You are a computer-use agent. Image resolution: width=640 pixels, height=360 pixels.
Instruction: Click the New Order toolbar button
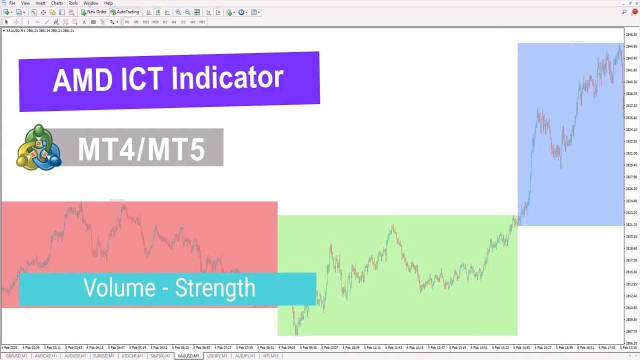click(93, 12)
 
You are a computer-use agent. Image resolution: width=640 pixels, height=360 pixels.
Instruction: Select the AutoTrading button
click(124, 12)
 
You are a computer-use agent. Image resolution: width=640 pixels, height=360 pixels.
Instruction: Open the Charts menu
click(57, 3)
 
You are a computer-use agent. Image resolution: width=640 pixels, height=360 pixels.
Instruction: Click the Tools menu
click(73, 3)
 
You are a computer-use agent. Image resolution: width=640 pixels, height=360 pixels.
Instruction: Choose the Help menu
click(108, 3)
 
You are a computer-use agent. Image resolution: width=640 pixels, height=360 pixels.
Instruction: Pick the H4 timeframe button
click(174, 22)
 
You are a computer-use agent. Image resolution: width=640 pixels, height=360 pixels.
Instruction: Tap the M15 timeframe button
click(146, 22)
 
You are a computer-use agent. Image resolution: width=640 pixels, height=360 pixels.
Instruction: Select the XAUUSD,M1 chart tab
click(188, 356)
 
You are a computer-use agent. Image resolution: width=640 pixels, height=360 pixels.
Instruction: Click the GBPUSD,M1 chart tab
click(16, 356)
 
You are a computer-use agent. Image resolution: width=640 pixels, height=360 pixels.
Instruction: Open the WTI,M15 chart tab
click(270, 356)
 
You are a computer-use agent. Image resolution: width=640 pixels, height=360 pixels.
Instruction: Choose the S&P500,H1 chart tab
click(160, 356)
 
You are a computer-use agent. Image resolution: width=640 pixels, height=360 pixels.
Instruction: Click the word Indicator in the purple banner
click(227, 79)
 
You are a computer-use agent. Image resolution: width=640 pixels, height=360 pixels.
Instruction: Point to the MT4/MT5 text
click(141, 149)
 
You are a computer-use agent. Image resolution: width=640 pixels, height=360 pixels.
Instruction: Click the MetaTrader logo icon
click(38, 147)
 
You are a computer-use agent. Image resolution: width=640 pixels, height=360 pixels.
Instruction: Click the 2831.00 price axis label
click(631, 153)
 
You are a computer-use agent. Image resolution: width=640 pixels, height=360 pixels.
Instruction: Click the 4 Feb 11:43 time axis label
click(395, 347)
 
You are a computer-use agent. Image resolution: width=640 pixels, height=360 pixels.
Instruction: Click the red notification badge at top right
click(635, 11)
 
